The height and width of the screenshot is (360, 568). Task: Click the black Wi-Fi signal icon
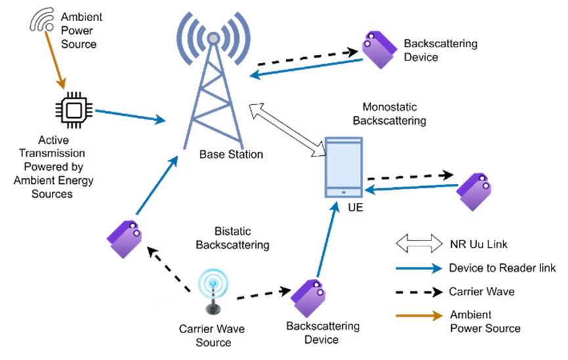point(42,19)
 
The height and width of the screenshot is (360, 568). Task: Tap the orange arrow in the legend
point(419,316)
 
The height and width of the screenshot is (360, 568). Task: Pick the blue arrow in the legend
point(419,268)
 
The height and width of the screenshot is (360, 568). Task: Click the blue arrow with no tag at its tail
point(130,116)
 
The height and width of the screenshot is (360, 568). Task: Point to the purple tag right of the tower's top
point(379,49)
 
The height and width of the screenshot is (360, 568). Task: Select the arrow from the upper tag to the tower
point(307,67)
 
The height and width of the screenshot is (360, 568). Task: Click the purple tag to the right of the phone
point(474,191)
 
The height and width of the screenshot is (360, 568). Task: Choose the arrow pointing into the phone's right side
point(410,188)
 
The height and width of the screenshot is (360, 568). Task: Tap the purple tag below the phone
point(308,298)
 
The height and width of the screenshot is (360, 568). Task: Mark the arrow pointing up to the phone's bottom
point(326,240)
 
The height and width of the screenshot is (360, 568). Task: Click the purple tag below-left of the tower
point(125,239)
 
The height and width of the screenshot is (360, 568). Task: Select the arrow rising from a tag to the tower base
point(158,185)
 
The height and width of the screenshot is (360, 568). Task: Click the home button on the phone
point(343,192)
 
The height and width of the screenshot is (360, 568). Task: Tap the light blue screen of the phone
point(343,164)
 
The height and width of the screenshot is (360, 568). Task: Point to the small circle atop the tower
point(213,39)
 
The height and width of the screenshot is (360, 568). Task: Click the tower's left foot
point(185,147)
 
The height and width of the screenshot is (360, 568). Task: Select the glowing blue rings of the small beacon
point(213,283)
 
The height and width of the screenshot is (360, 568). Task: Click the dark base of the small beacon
point(213,309)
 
